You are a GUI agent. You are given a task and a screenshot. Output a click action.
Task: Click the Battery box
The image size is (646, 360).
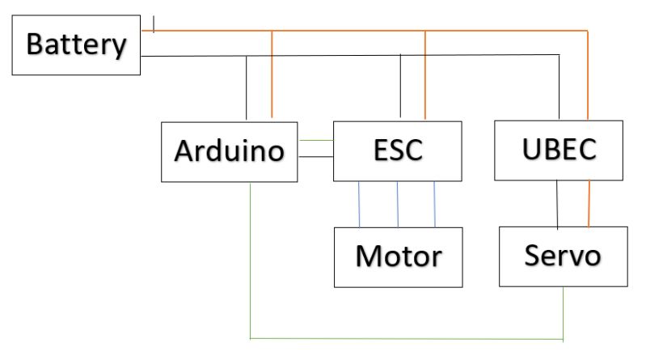(76, 45)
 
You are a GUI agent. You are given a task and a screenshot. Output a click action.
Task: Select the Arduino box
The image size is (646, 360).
(229, 151)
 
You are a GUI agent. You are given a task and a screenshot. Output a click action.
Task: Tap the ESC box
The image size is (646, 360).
(398, 150)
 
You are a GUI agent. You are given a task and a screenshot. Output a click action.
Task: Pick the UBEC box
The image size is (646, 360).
(559, 150)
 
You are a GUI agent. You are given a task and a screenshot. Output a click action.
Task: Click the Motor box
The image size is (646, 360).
(398, 257)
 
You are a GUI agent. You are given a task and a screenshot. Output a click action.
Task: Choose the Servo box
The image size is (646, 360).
(563, 256)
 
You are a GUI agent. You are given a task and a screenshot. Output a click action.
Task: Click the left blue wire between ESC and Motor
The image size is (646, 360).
(360, 204)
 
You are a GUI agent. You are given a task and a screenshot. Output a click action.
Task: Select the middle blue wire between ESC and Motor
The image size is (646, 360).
(398, 204)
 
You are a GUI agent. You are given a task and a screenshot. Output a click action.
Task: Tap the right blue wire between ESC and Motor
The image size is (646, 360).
(435, 204)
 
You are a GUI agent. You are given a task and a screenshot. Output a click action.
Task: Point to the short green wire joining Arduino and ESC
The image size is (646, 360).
(315, 140)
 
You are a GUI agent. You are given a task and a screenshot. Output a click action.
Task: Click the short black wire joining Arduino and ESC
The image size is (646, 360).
(315, 157)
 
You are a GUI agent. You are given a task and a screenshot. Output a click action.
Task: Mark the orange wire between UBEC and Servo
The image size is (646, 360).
(589, 203)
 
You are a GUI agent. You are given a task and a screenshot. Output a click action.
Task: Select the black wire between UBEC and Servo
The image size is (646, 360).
(557, 203)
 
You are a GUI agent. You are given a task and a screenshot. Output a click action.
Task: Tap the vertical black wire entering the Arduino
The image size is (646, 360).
(246, 89)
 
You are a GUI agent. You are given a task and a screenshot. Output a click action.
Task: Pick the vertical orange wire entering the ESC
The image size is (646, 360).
(425, 77)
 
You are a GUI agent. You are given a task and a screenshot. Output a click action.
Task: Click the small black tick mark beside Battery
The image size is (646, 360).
(154, 24)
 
